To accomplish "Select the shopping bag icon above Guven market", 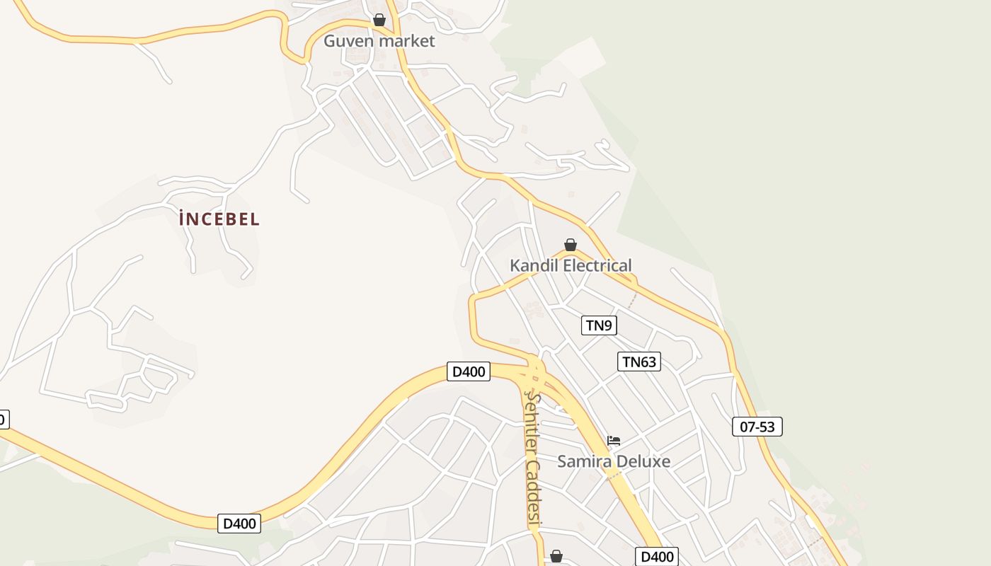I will coord(379,20).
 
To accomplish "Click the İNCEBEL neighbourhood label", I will coord(219,219).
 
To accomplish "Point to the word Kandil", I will coord(535,266).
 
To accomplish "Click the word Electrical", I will coord(598,266).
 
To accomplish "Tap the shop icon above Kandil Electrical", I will coord(571,245).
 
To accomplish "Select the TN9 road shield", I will coord(599,325).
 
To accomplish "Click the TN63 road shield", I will coord(639,362).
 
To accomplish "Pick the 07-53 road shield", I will coord(757,427).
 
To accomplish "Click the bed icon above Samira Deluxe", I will coord(614,440).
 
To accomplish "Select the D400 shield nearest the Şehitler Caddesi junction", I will coord(469,371).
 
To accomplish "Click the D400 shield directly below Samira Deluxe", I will coord(657,557).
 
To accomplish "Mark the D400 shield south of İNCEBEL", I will coord(239,524).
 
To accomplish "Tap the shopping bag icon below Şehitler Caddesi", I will coord(556,556).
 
